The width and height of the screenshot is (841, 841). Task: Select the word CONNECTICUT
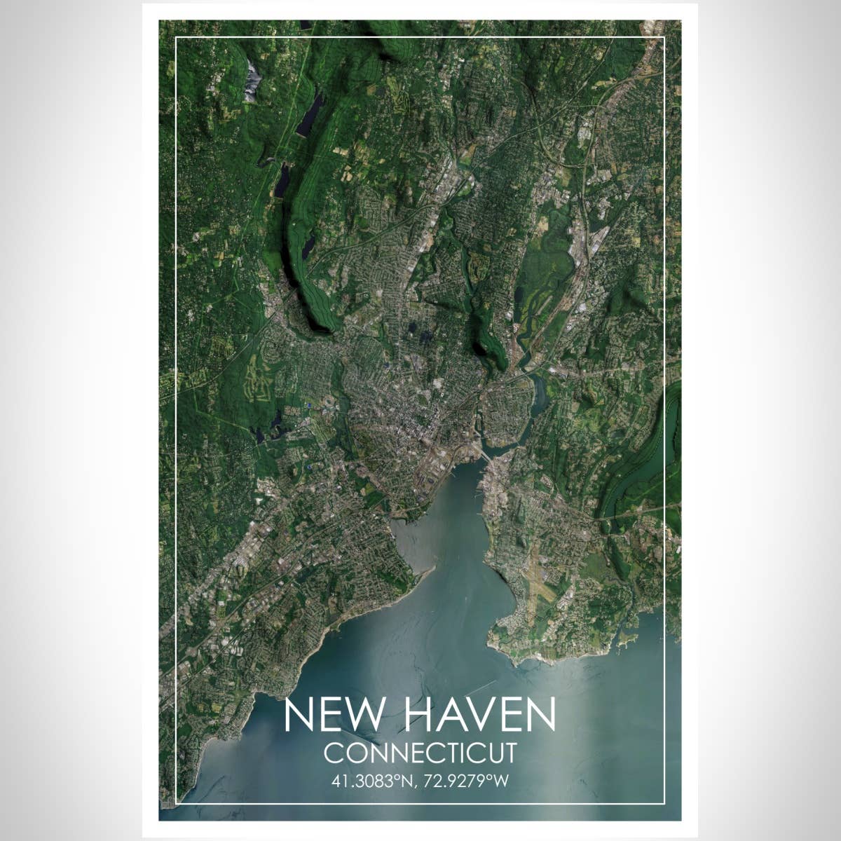(x=420, y=753)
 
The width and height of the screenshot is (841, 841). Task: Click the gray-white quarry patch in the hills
(x=252, y=78)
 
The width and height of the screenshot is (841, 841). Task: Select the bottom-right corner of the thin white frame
(x=664, y=802)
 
